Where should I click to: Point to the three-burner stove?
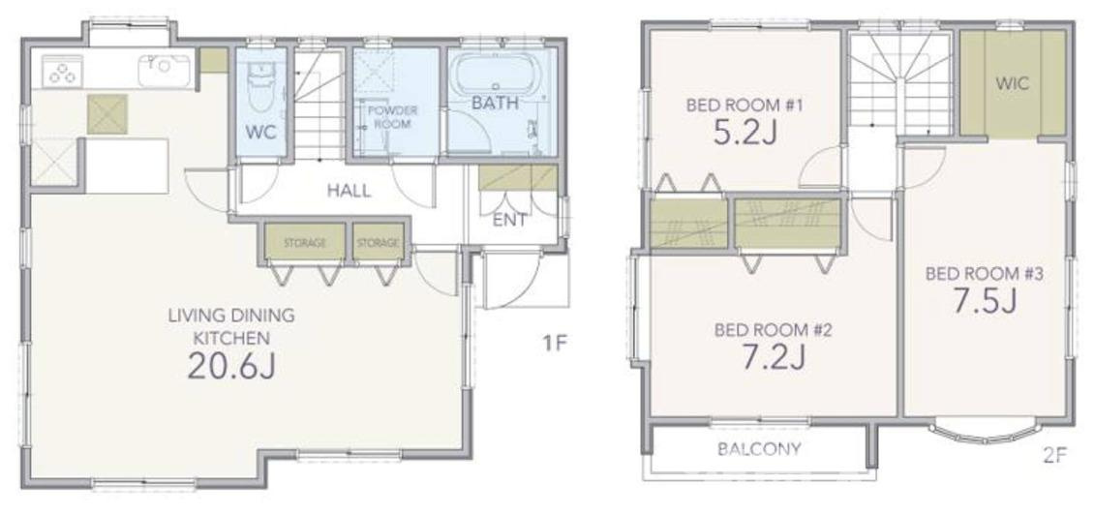pos(62,72)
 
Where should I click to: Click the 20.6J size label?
pos(231,366)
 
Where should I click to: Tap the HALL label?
pos(349,191)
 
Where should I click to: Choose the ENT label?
pos(509,220)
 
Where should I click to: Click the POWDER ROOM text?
pos(393,117)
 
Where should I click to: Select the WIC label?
pos(1013,84)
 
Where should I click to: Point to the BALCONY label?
pos(759,449)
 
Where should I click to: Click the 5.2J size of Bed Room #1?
pos(745,132)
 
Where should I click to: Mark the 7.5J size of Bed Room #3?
pos(984,301)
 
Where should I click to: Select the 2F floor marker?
pos(1055,456)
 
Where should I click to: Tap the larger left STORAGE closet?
pos(305,243)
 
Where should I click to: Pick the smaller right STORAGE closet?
pos(379,243)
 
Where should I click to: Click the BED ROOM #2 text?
pos(773,329)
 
